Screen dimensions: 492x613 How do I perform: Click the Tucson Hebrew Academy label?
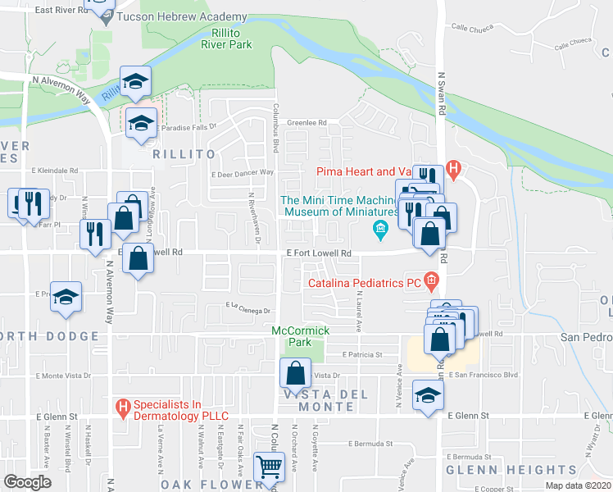(x=181, y=16)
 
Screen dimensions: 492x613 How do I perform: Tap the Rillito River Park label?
(x=226, y=39)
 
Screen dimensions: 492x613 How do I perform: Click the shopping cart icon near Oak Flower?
(x=269, y=467)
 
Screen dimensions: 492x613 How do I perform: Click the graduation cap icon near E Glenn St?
(x=428, y=395)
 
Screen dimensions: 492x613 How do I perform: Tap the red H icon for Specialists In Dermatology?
(x=124, y=406)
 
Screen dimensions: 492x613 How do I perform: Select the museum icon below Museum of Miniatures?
(x=379, y=228)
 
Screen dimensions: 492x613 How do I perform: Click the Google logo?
(x=27, y=481)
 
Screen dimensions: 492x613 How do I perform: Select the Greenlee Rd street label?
(x=306, y=119)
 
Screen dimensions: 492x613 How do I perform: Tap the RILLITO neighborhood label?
(x=183, y=153)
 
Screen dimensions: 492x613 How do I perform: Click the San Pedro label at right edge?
(x=585, y=337)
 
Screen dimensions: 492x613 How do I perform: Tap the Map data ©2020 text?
(x=578, y=485)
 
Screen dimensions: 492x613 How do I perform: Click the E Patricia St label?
(x=362, y=355)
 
